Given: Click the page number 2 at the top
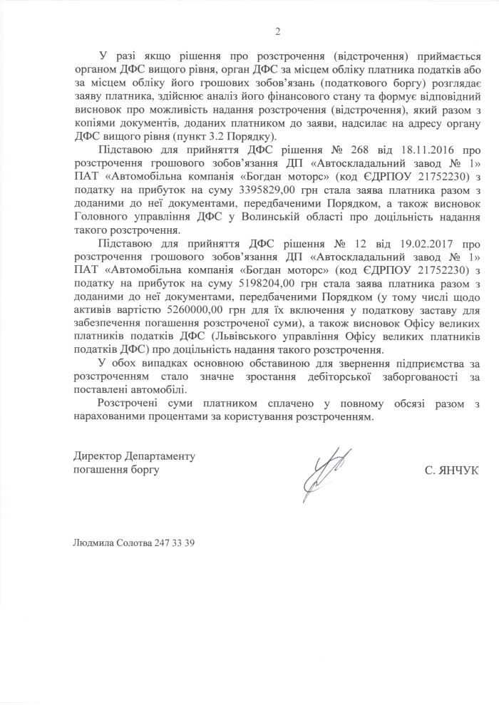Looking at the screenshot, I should point(277,31).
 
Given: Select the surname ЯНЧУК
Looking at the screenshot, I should point(458,470).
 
